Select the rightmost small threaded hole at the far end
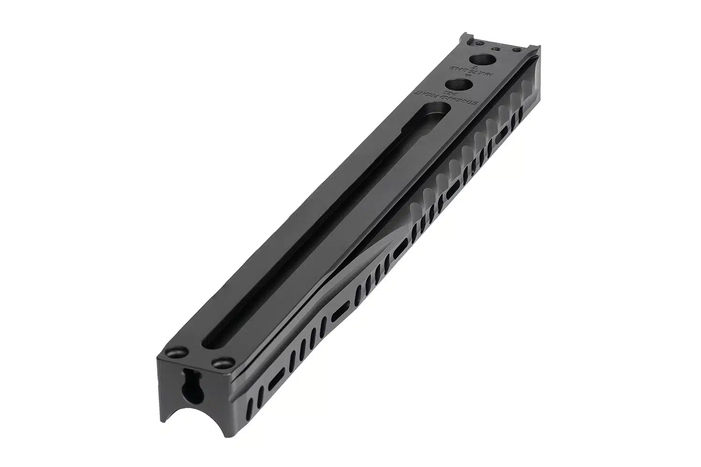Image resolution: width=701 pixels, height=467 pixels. (x=516, y=49)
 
